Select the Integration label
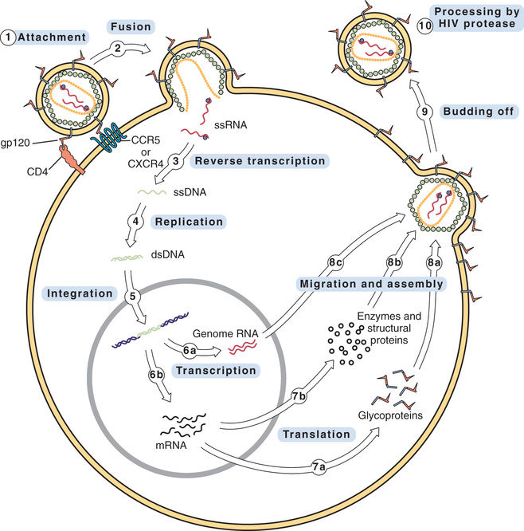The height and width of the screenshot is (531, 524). [x=80, y=293]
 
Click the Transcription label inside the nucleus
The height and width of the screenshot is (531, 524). [x=217, y=370]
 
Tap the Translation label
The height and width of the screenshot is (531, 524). [x=317, y=434]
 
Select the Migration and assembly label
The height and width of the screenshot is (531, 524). [x=370, y=283]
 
